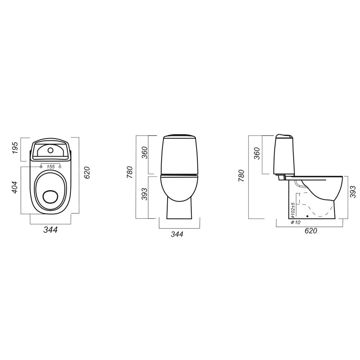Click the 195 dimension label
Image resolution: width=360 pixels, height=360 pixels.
click(x=14, y=148)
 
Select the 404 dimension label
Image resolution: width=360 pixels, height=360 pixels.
click(x=14, y=188)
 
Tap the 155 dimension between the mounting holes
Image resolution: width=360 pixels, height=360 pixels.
click(x=51, y=167)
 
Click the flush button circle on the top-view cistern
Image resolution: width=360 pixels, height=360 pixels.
click(x=50, y=151)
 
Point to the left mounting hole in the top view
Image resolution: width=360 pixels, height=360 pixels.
click(x=41, y=167)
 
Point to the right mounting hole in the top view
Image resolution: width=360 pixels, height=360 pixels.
click(x=60, y=167)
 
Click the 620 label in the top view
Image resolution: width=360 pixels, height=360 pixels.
click(x=87, y=172)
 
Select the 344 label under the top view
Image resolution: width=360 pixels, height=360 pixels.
click(x=50, y=230)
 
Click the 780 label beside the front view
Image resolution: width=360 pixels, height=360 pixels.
click(x=130, y=172)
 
